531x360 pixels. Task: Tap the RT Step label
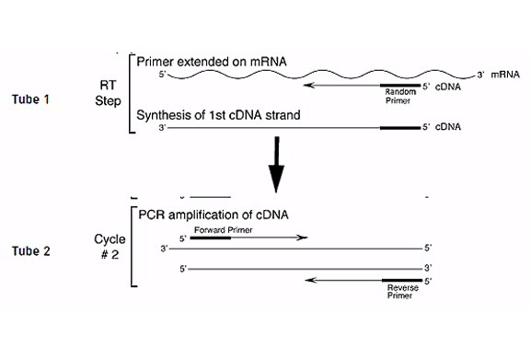(x=108, y=89)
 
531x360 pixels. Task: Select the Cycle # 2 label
(x=109, y=248)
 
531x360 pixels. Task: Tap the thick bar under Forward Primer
(x=211, y=238)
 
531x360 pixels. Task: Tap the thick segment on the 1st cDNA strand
(x=399, y=128)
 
